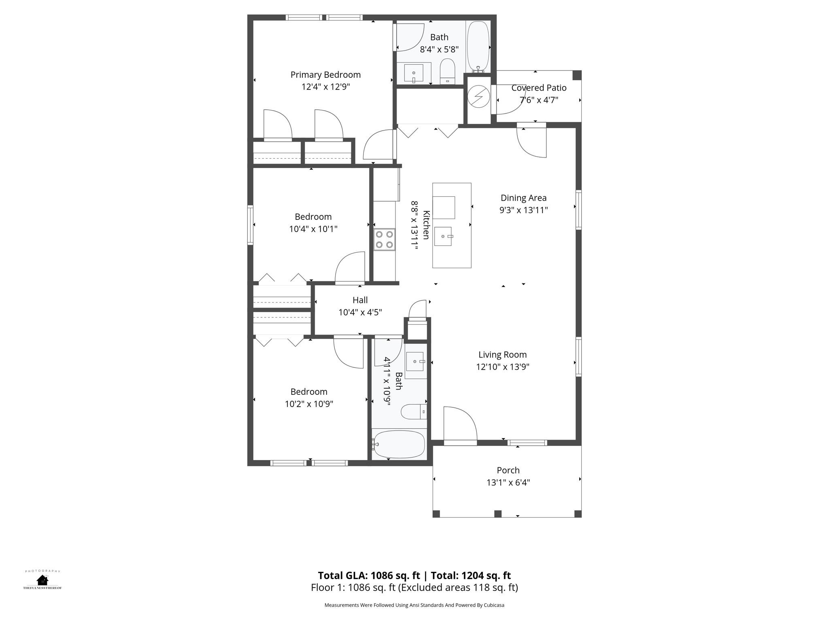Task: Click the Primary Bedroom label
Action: coord(325,75)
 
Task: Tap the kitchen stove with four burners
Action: coord(384,239)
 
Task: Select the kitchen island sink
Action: coord(443,236)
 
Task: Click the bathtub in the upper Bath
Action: coord(478,46)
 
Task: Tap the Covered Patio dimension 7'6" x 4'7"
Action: coord(538,100)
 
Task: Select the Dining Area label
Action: coord(523,198)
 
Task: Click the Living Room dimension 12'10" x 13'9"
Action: coord(502,367)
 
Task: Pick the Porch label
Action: coord(508,470)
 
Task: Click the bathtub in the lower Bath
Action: coord(399,444)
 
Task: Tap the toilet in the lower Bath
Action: coord(413,412)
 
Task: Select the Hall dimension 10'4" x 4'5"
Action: coord(360,312)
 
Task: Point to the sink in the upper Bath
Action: coord(414,73)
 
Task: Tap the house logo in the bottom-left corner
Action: coord(42,580)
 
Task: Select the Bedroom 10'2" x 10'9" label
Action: coord(309,392)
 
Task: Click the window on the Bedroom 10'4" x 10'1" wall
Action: coord(251,225)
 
